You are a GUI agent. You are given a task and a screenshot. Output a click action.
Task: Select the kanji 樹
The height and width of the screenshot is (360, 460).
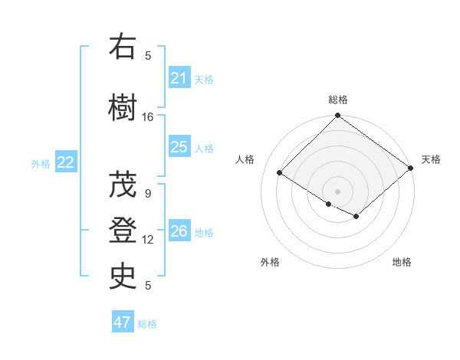tap(123, 106)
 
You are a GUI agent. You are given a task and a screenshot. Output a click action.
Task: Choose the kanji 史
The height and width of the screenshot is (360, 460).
tap(123, 277)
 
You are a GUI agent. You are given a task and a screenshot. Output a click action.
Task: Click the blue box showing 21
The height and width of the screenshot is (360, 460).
tap(179, 77)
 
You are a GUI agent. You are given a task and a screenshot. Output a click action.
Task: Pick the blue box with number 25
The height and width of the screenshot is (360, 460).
tap(179, 147)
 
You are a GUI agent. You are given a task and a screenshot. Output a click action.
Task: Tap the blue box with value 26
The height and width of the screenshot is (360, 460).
tap(179, 231)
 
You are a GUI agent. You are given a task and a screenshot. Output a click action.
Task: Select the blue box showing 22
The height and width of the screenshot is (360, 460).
tap(66, 162)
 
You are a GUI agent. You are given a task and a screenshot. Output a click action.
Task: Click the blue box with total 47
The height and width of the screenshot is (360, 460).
tap(123, 322)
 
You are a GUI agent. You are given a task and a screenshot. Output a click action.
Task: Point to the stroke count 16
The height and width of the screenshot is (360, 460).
tap(148, 117)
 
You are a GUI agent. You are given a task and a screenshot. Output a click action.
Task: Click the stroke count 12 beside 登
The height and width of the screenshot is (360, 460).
tap(148, 240)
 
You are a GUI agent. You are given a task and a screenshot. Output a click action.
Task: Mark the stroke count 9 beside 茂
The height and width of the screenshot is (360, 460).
tap(148, 194)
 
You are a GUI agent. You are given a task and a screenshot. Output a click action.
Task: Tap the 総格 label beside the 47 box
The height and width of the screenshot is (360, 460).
tap(147, 324)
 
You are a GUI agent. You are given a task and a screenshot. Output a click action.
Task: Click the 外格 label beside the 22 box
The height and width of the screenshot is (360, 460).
tap(41, 164)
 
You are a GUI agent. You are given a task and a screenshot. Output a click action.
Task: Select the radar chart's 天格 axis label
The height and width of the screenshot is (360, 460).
tap(431, 159)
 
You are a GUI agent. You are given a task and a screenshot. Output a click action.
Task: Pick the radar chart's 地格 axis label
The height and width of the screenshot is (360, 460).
tap(402, 262)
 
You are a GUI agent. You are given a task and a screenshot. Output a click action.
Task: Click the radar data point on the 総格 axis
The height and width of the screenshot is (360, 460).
tap(337, 116)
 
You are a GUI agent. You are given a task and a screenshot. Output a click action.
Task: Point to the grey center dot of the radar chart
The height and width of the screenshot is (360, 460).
tap(337, 191)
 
